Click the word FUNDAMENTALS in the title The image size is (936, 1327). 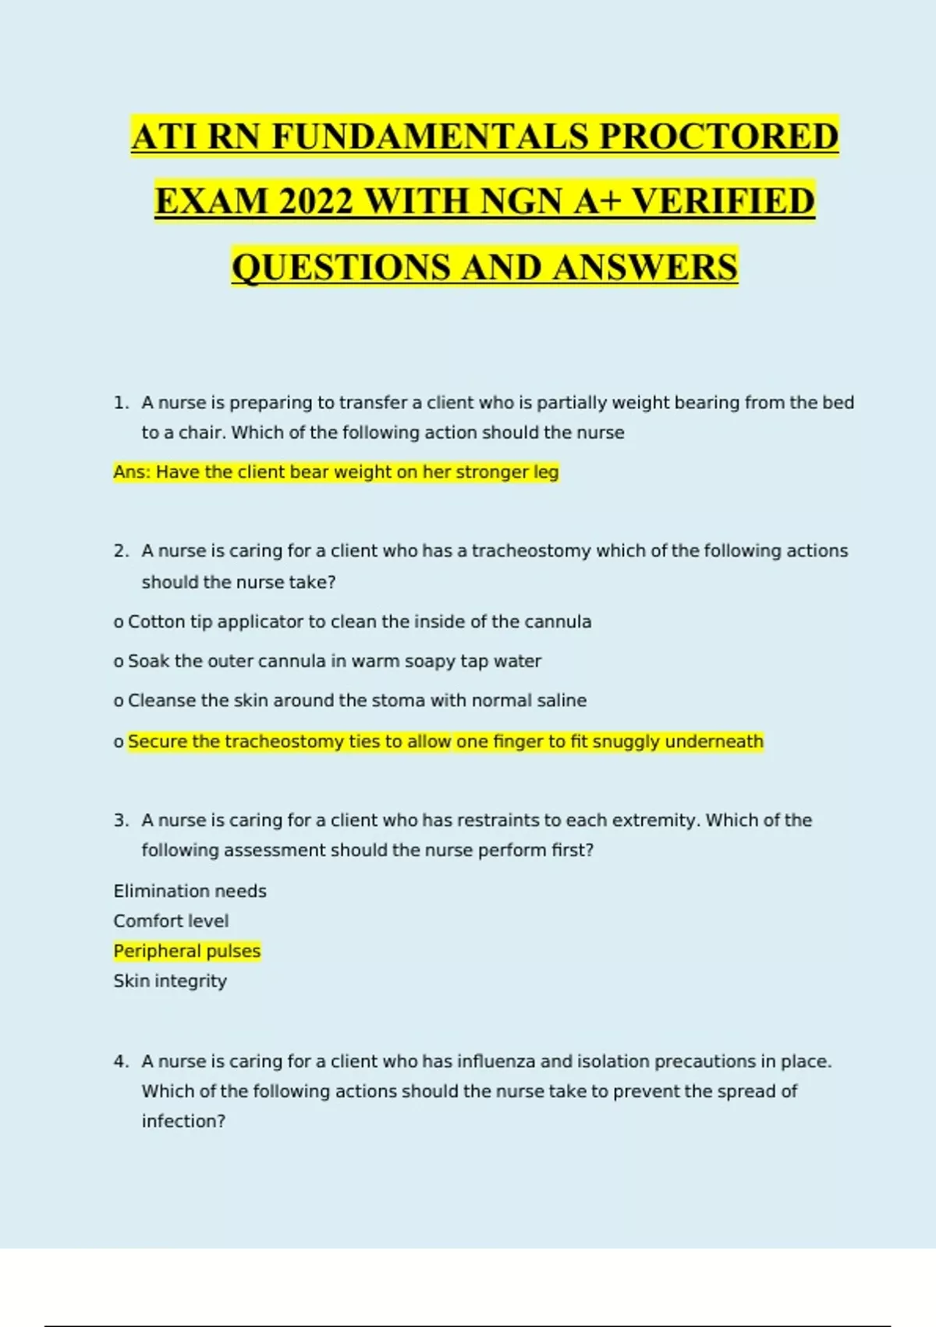[431, 137]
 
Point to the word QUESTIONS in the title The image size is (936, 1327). [341, 267]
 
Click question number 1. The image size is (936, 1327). [120, 403]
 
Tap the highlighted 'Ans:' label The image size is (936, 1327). [132, 472]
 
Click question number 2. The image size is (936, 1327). [120, 551]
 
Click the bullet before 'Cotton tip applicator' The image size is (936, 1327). [119, 623]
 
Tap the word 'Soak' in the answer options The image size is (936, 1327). [148, 661]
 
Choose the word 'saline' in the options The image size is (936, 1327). [562, 701]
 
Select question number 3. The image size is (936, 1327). [120, 820]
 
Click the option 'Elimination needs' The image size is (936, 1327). [190, 891]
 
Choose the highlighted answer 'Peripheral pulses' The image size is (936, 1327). [187, 952]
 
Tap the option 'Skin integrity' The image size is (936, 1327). [170, 981]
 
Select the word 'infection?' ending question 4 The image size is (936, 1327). [183, 1122]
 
